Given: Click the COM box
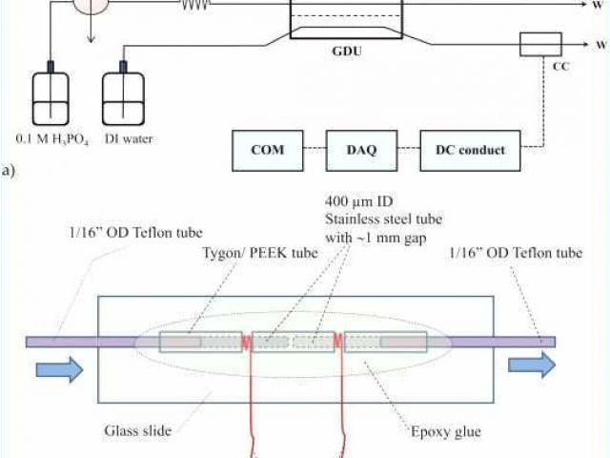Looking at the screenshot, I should [267, 149].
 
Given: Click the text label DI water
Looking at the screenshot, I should [128, 138].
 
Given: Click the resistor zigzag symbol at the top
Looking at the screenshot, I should [195, 4].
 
